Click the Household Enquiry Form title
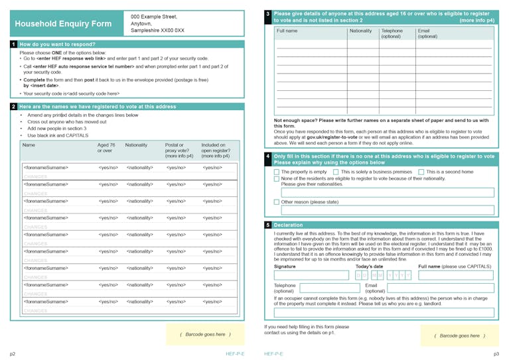[64, 25]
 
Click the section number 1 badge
[13, 44]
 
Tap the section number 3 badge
[267, 13]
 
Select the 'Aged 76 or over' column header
[106, 148]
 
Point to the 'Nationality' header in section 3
[361, 30]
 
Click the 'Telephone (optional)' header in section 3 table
[392, 33]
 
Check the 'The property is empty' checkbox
[277, 172]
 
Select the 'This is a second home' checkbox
[421, 172]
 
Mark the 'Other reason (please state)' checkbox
[277, 202]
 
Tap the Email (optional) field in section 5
[440, 288]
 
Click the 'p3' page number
[496, 354]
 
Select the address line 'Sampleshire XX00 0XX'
[157, 30]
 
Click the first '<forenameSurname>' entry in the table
[46, 168]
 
